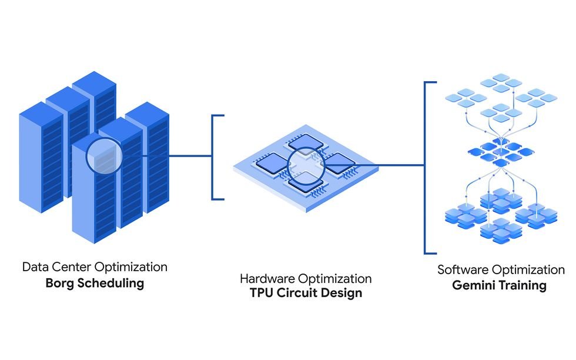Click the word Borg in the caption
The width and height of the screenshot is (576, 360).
[x=60, y=284]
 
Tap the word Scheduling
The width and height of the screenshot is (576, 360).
[x=110, y=284]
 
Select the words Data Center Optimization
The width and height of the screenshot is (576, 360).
[x=95, y=267]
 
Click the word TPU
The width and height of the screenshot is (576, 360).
[x=261, y=293]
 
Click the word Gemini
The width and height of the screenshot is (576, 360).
[x=474, y=285]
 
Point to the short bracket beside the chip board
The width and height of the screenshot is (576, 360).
[x=212, y=158]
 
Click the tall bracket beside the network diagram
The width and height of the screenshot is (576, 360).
[x=425, y=168]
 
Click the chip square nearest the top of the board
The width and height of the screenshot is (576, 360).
[x=306, y=143]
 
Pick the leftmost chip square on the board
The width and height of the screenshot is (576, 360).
[x=272, y=164]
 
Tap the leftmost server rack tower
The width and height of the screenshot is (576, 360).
[x=41, y=158]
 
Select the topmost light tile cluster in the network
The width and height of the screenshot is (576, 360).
[x=501, y=83]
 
